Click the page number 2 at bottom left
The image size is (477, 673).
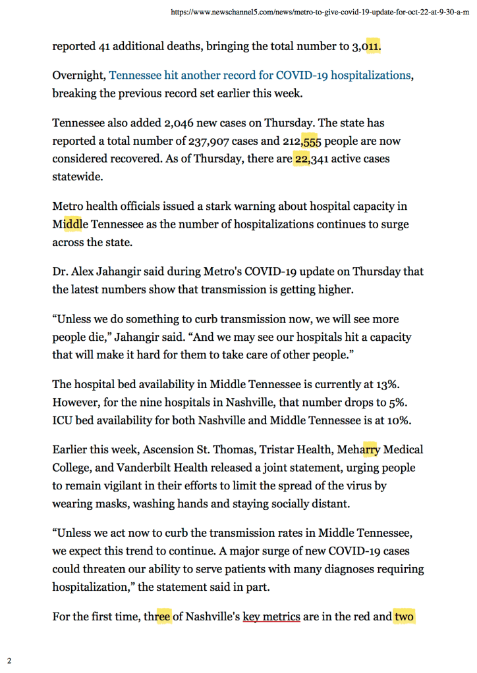9,660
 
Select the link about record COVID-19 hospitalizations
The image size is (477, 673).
260,75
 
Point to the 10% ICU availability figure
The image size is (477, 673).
408,419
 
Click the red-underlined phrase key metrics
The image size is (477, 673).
271,617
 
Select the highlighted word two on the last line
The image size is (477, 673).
404,617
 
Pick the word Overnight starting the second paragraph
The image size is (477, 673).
78,75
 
